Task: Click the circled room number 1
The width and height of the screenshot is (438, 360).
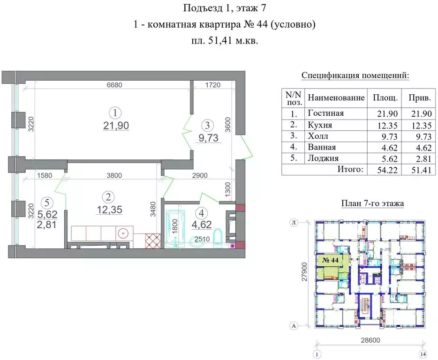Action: pos(114,112)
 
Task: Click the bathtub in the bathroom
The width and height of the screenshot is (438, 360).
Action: pos(175,228)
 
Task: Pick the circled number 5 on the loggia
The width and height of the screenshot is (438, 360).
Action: pos(46,203)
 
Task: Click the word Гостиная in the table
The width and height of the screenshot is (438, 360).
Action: pos(325,113)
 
